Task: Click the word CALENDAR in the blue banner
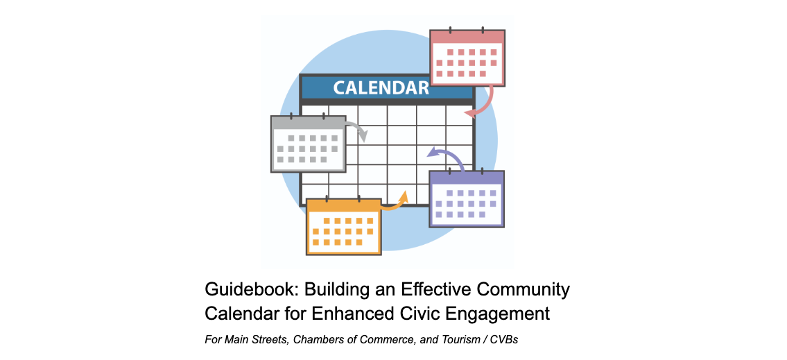coord(381,87)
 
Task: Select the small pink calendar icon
coord(467,57)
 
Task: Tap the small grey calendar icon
coord(308,143)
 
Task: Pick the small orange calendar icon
coord(344,226)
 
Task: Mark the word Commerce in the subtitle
coord(393,341)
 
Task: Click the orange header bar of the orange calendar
coord(344,205)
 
